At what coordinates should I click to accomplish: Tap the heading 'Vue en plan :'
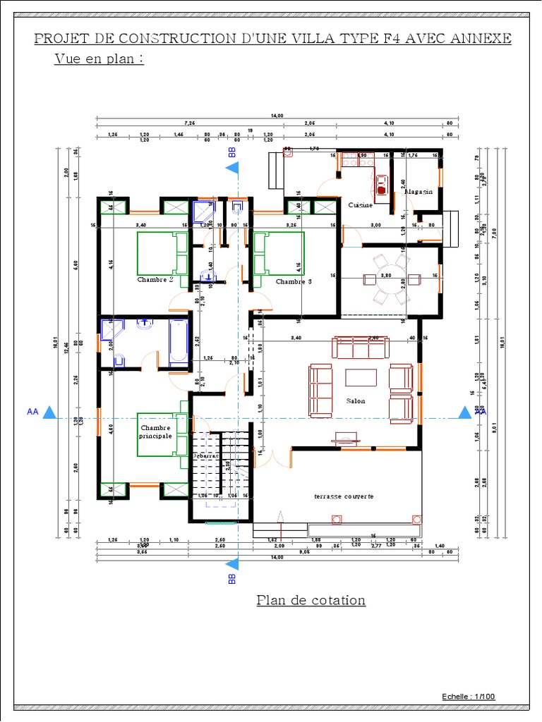99,59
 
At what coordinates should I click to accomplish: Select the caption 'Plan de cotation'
311,600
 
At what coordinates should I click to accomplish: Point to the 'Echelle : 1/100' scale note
469,697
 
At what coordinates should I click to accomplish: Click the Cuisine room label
360,204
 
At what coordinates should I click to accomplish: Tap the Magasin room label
418,192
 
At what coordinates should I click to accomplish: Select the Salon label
356,401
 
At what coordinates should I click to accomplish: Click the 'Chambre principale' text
156,432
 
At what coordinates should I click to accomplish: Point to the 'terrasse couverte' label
344,496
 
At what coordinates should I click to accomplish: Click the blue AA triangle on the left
49,412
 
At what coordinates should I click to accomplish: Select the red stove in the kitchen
382,185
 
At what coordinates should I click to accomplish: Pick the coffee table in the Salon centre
361,378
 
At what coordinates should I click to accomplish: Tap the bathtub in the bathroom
179,343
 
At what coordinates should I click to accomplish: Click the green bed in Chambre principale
161,435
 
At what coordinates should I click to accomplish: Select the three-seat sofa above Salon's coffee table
360,348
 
